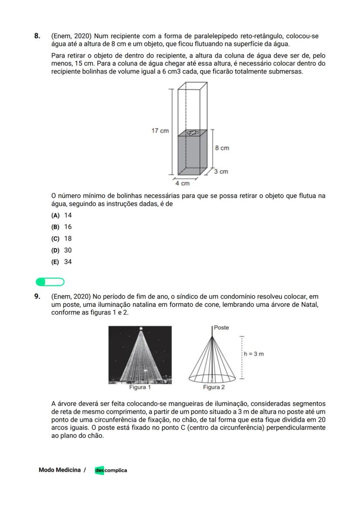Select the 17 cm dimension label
pyautogui.click(x=160, y=131)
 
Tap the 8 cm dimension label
pyautogui.click(x=222, y=148)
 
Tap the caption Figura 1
pyautogui.click(x=140, y=387)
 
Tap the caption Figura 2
pyautogui.click(x=213, y=387)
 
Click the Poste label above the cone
pyautogui.click(x=221, y=328)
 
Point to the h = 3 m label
pyautogui.click(x=253, y=354)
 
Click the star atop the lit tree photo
pyautogui.click(x=140, y=329)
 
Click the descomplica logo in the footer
pyautogui.click(x=111, y=470)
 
